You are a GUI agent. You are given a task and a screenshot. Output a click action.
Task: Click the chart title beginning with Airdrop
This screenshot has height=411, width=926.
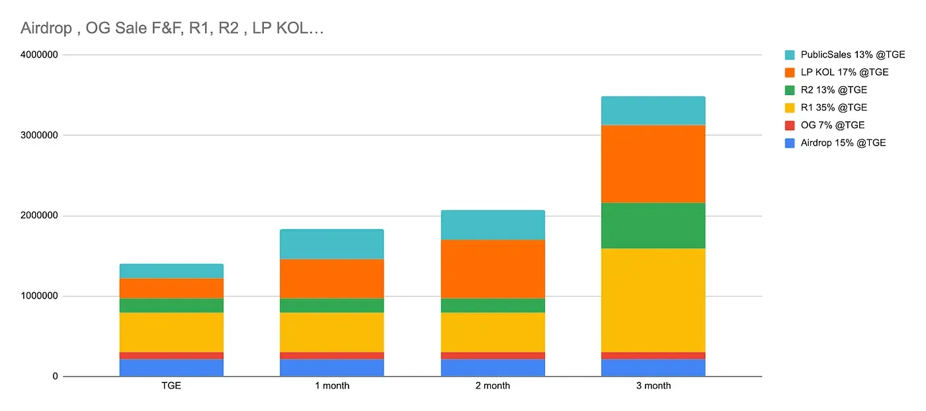point(172,28)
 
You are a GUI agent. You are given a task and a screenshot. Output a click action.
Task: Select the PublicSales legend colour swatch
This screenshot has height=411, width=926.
point(790,55)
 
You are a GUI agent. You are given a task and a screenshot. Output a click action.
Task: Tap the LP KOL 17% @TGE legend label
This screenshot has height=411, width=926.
point(845,72)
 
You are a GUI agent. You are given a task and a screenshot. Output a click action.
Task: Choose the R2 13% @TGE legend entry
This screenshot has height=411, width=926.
point(833,90)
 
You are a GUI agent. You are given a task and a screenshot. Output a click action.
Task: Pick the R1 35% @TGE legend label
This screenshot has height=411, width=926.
point(833,107)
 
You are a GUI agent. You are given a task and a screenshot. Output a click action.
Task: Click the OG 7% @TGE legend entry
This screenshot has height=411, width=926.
point(832,125)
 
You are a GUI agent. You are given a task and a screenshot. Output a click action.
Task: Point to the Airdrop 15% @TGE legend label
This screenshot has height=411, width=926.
point(843,142)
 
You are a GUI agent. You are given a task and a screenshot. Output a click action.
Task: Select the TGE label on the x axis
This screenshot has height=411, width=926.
point(171,386)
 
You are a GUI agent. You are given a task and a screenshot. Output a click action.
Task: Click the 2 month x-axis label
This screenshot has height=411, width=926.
point(492,386)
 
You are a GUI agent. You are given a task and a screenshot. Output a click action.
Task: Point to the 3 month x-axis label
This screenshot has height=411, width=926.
point(653,386)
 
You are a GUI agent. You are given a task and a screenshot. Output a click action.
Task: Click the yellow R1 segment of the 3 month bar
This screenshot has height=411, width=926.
point(653,300)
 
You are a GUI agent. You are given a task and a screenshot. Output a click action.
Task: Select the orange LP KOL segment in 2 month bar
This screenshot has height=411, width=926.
point(492,269)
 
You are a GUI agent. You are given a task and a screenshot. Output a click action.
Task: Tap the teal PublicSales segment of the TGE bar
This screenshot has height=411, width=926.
point(171,271)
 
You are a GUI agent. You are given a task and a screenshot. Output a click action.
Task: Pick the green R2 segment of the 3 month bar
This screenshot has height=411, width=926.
point(653,225)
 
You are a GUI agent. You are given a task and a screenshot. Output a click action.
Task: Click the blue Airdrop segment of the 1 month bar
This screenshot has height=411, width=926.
point(331,367)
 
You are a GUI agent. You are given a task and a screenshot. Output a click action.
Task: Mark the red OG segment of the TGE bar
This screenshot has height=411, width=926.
point(171,355)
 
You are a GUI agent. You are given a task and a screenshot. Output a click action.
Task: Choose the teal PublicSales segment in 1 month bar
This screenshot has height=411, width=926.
point(331,244)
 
